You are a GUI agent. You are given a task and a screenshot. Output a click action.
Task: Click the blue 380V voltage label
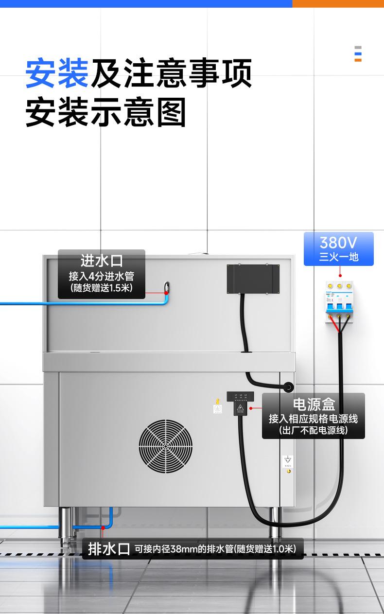pos(338,242)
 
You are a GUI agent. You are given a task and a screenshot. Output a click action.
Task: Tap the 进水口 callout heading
pos(102,261)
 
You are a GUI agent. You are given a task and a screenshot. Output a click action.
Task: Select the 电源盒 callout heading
pos(314,404)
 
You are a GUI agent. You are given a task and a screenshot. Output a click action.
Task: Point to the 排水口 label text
pos(109,549)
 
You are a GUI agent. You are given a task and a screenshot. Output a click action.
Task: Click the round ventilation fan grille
pos(165,447)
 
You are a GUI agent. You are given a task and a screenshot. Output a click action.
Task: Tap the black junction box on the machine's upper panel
pos(253,279)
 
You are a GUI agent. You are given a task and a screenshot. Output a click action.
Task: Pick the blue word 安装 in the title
pos(57,73)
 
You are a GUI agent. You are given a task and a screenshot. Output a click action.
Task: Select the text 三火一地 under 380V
pos(338,257)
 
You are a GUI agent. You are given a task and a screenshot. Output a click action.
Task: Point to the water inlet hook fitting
pos(167,288)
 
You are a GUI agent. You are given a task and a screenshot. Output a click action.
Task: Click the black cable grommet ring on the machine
pos(289,387)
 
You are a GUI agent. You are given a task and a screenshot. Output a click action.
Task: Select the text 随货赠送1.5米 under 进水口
pos(101,288)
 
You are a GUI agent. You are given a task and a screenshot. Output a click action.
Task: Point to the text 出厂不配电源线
pos(314,430)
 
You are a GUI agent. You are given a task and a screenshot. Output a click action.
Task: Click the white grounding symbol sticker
pos(288,461)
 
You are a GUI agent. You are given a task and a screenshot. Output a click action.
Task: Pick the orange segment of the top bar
pos(338,3)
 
